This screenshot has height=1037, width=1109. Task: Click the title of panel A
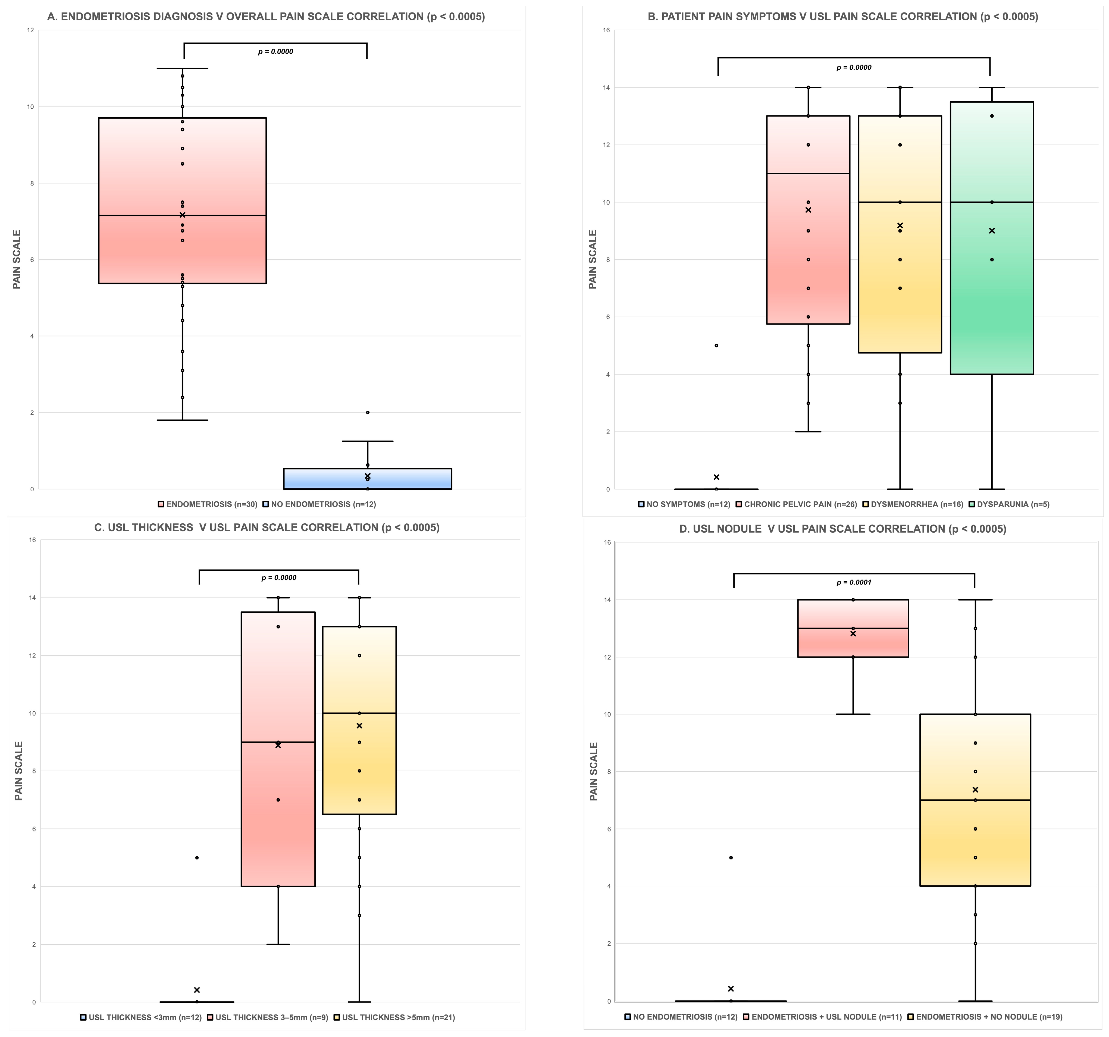(x=266, y=17)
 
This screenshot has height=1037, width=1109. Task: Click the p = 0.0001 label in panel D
(x=854, y=582)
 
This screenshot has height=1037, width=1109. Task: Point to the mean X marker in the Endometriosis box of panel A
(x=182, y=215)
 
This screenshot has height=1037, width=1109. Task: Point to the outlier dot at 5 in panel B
(x=716, y=345)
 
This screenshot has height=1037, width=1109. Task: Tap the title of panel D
(x=842, y=529)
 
